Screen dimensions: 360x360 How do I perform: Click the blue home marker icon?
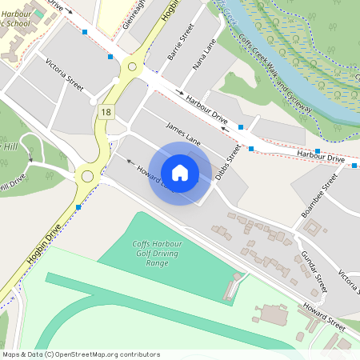click(180, 173)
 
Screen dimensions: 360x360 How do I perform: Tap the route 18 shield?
click(106, 112)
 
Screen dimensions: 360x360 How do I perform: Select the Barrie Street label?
click(181, 44)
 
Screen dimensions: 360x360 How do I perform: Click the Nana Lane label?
click(205, 60)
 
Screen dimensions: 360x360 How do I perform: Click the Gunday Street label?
click(314, 270)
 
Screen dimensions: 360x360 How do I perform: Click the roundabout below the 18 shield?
click(87, 176)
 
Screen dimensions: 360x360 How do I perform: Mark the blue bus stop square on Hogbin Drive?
click(78, 208)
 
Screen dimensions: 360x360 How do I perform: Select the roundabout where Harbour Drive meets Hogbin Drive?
click(132, 64)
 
